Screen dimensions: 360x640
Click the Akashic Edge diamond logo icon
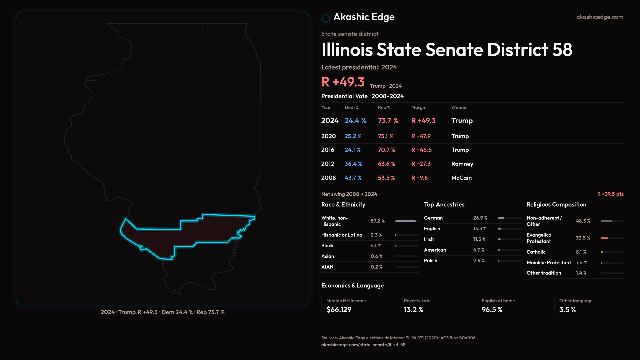(x=326, y=18)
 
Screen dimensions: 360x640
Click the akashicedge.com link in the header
(x=600, y=17)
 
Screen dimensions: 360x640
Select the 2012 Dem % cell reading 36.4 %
(x=353, y=164)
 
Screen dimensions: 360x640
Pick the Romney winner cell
(x=462, y=164)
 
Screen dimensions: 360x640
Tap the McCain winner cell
(x=461, y=178)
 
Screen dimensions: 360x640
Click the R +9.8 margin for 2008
(x=419, y=178)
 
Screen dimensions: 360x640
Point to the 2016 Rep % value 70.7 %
(x=386, y=150)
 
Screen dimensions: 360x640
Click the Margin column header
(x=419, y=107)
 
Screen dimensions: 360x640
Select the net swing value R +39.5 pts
(x=610, y=194)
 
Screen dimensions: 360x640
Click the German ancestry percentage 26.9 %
(x=480, y=218)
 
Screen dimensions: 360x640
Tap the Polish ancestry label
(x=430, y=261)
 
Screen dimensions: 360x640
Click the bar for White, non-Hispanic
(x=406, y=221)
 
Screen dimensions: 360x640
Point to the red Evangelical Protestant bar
(x=605, y=238)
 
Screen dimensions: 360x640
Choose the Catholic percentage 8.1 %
(x=581, y=252)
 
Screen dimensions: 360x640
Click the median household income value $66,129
(x=339, y=310)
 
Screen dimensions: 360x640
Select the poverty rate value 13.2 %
(x=413, y=310)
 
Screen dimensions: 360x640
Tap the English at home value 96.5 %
(x=492, y=310)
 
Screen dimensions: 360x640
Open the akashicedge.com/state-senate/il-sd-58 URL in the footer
(x=363, y=345)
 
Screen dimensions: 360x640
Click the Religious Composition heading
(x=556, y=205)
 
